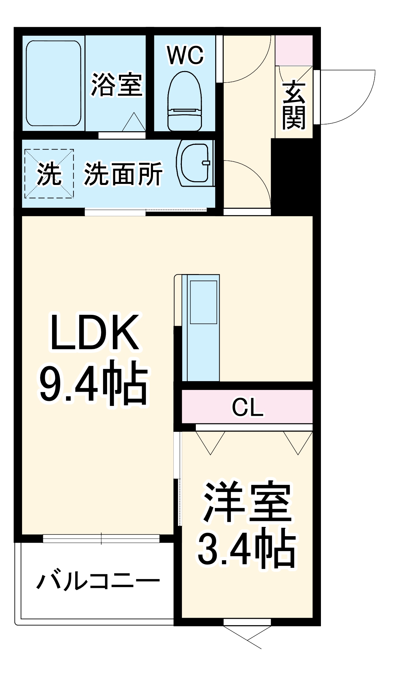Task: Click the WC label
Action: [x=185, y=55]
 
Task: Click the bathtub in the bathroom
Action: [x=54, y=83]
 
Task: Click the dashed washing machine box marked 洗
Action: [x=49, y=174]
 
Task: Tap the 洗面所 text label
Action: [x=123, y=174]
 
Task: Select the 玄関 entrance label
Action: [x=294, y=105]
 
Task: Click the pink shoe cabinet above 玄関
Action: [x=294, y=50]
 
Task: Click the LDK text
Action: [x=95, y=333]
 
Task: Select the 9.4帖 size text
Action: [x=94, y=383]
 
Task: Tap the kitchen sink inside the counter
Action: [x=203, y=302]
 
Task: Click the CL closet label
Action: [x=247, y=407]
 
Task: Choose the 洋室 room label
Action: [x=247, y=503]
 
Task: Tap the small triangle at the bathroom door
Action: [x=134, y=122]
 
